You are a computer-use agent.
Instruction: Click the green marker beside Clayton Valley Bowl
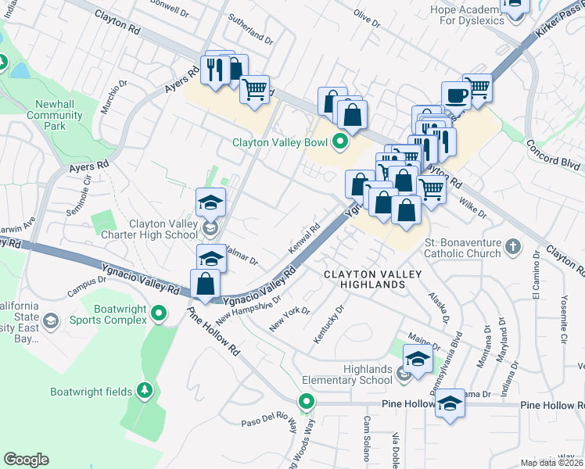[x=339, y=141]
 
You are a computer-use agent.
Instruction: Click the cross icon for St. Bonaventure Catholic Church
[x=512, y=247]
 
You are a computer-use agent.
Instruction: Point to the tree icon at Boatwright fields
[x=143, y=389]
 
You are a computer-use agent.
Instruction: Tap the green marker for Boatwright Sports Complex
[x=159, y=313]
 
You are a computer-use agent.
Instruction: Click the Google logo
[x=26, y=460]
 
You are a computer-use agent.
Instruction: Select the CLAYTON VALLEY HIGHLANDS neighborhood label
[x=373, y=279]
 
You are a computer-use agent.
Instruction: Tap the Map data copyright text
[x=551, y=463]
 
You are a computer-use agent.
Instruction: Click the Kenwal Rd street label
[x=304, y=238]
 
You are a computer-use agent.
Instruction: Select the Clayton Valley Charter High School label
[x=162, y=228]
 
